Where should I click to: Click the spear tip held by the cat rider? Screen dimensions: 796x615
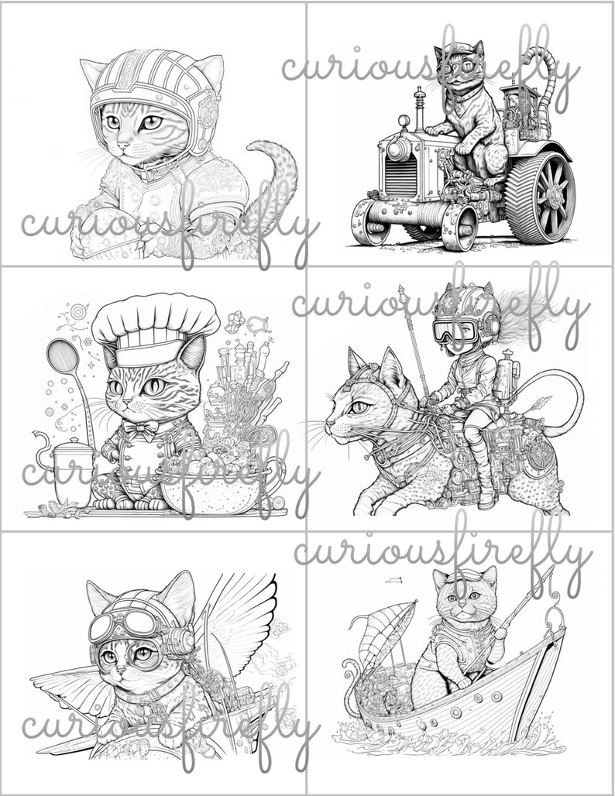[403, 293]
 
